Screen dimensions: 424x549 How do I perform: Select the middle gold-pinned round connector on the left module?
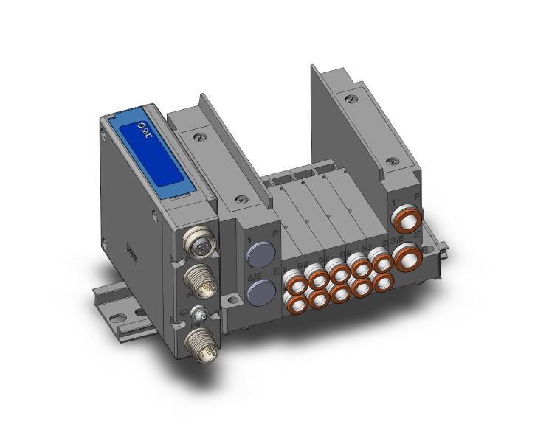click(x=200, y=280)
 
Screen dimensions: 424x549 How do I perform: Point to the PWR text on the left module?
click(x=198, y=323)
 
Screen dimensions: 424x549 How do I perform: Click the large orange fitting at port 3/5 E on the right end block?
click(x=407, y=259)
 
